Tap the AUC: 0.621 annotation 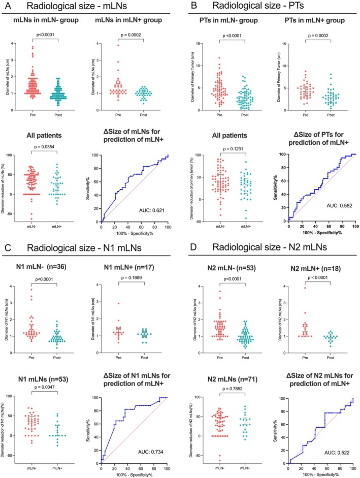tap(141, 209)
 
